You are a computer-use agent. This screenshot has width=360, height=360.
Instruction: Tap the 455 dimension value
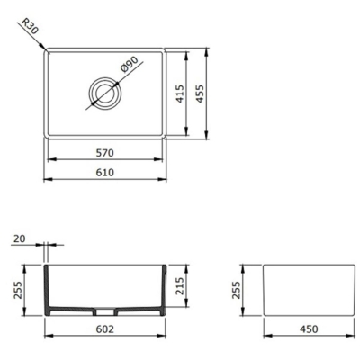click(x=212, y=94)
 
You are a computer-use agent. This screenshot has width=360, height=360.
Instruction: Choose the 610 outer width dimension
click(x=105, y=170)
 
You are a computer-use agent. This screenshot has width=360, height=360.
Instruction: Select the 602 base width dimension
click(x=105, y=330)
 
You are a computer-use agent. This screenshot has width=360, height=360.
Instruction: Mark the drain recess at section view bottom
click(x=105, y=312)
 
